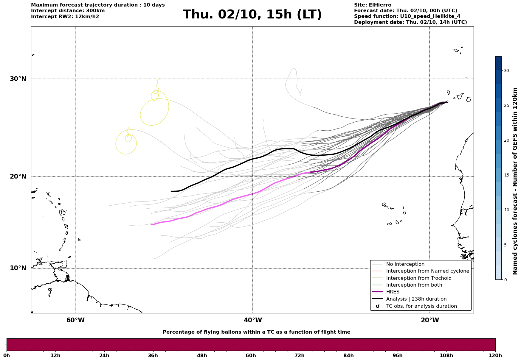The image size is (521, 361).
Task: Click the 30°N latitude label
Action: [x=18, y=79]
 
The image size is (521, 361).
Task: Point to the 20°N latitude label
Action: [x=18, y=176]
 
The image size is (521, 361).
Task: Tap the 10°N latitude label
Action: [x=18, y=268]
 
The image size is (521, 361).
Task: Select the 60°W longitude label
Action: [x=75, y=320]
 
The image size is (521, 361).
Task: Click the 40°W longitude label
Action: [x=253, y=320]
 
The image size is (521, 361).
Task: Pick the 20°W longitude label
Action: [x=430, y=320]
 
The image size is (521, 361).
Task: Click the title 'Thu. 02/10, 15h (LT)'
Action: [x=252, y=15]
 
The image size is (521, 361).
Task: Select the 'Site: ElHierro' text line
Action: [x=373, y=5]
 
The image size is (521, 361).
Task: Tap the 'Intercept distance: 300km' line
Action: [x=68, y=11]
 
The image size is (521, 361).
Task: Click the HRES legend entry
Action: [x=393, y=292]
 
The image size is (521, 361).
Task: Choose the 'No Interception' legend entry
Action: [x=405, y=264]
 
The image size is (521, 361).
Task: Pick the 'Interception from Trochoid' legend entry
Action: [x=418, y=278]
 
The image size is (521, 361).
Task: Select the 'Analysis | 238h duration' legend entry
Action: [x=416, y=299]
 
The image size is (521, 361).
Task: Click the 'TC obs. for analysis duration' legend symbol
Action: [x=378, y=306]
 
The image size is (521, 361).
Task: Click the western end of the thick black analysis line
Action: [x=171, y=191]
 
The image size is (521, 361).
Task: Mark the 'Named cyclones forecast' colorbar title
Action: [x=515, y=181]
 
